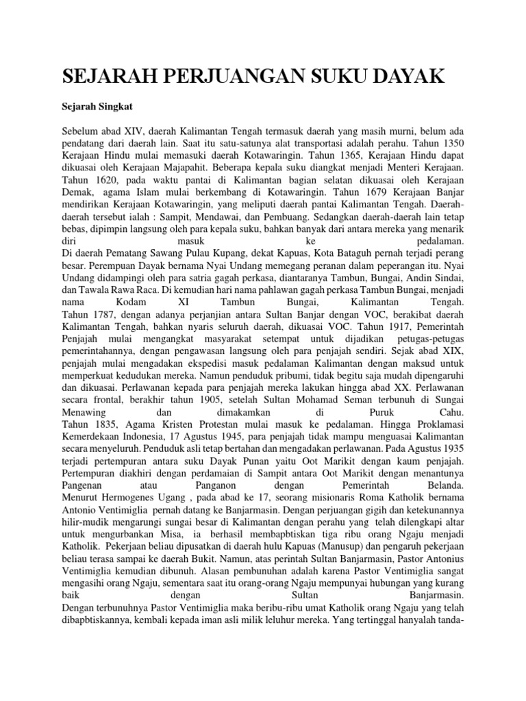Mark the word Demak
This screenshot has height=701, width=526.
pos(77,192)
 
